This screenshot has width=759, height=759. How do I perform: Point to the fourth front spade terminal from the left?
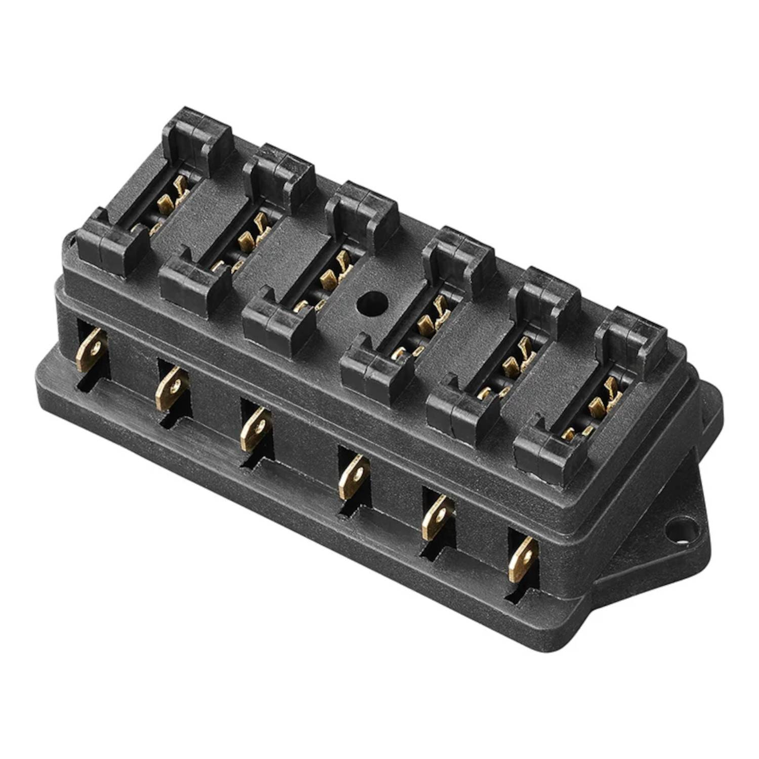tap(354, 476)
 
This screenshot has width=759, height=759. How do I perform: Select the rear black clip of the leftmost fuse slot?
tap(198, 137)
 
